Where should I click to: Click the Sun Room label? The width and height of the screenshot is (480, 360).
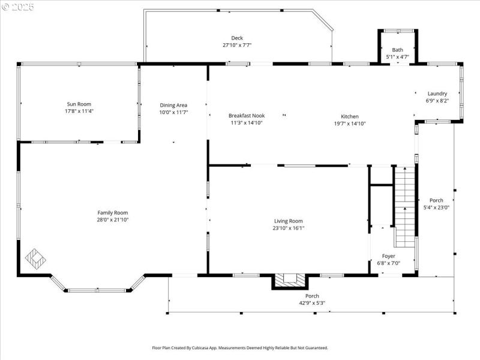pos(79,104)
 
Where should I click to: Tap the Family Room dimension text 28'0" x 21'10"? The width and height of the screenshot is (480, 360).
pos(113,220)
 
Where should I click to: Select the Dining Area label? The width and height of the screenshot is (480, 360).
pos(173,105)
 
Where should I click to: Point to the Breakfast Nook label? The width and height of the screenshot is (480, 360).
pos(246,116)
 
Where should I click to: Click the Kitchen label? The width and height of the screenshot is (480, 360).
pos(350,116)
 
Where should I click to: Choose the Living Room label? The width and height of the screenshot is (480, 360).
pos(289,220)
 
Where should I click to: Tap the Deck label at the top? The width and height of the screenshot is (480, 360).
pos(237,38)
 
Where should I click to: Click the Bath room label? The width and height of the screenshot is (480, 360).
pos(397,50)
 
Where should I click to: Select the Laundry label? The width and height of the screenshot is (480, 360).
pos(437,94)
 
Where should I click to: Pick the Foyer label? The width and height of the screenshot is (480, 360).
pos(389,256)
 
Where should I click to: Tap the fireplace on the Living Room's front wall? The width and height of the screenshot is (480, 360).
pos(290,281)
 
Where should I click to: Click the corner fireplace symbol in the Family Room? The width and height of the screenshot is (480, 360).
pos(35,259)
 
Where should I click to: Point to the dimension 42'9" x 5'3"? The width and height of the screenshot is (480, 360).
pos(312,303)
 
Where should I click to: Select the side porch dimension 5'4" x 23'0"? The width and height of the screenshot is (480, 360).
pos(436,208)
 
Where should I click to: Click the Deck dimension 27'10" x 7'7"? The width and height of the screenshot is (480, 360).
pos(237,45)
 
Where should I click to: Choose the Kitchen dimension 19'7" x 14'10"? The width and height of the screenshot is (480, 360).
pos(350,124)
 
